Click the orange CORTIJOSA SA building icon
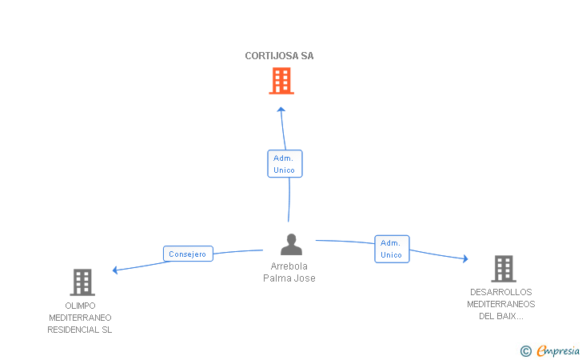(281, 81)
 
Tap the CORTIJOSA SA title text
(279, 56)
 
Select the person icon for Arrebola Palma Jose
(291, 245)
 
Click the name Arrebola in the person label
(289, 266)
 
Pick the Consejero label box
(188, 254)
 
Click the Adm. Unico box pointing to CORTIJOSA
(285, 163)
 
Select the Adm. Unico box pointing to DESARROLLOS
(392, 249)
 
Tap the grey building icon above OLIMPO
(82, 282)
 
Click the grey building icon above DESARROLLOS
(504, 269)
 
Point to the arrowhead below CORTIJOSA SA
(281, 110)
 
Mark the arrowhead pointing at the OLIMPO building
(115, 270)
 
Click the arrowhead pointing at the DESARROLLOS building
(465, 258)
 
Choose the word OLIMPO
(80, 306)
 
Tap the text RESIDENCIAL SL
(79, 330)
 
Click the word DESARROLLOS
(501, 292)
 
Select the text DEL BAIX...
(501, 316)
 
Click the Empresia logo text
(558, 350)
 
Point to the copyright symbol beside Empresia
(526, 351)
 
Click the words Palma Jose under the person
(289, 278)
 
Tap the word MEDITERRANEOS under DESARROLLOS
(501, 304)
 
